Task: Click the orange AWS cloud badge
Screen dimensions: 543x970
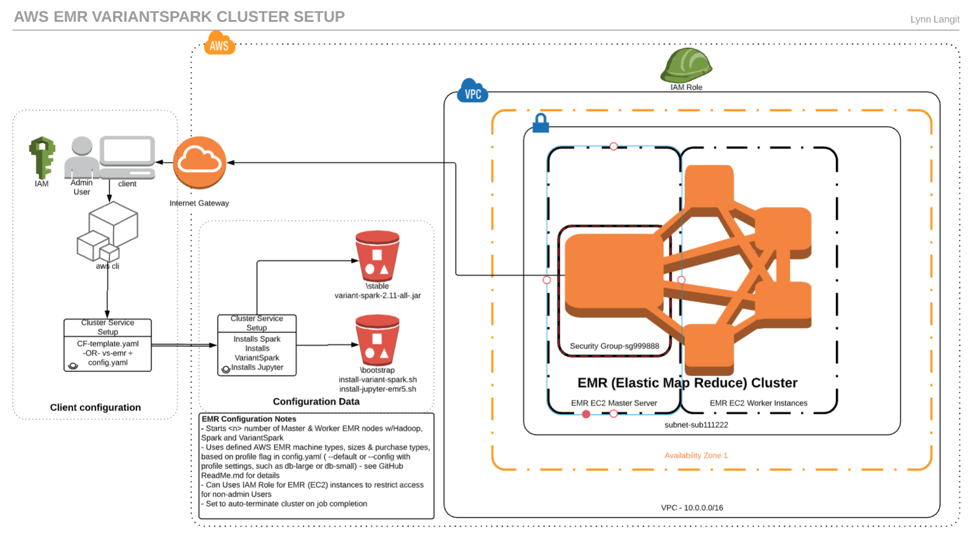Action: [219, 44]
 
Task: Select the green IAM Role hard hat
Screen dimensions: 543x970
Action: [686, 65]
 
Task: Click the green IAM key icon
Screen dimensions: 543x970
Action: [42, 157]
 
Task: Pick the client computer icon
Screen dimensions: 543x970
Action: [128, 157]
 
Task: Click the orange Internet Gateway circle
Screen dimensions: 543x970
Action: [199, 163]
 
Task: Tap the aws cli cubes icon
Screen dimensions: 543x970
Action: [108, 232]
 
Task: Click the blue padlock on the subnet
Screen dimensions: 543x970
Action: [540, 123]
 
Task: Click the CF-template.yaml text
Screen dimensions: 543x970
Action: [108, 344]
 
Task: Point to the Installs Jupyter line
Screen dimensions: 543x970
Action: [257, 367]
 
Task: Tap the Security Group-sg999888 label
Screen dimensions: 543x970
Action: [614, 346]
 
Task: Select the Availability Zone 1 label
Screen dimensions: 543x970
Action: [696, 455]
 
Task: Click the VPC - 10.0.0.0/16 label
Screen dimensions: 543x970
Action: [692, 508]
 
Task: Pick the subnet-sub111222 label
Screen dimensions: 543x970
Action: [696, 425]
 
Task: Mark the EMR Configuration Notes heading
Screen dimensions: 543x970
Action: [249, 419]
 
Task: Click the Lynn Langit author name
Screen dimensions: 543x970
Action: [935, 19]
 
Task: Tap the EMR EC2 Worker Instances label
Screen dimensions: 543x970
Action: [758, 403]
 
